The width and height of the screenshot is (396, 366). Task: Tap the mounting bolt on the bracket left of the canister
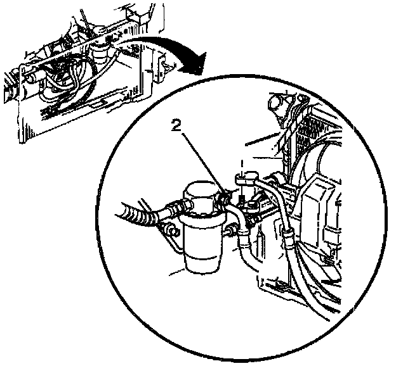[x=174, y=231]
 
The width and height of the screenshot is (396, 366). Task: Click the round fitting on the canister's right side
[x=230, y=231]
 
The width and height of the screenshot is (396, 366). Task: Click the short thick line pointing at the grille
[x=263, y=139]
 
